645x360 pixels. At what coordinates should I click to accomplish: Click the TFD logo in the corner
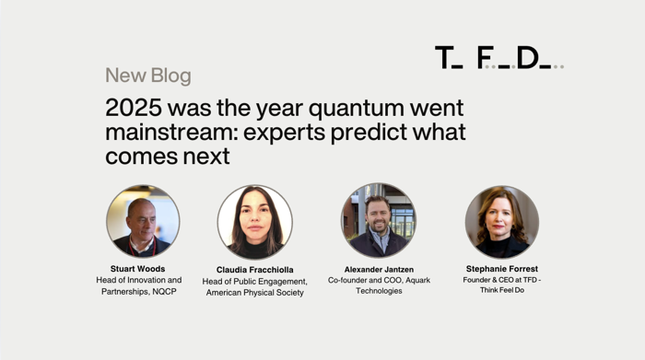(x=498, y=58)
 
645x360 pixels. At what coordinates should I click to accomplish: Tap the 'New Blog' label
(x=148, y=75)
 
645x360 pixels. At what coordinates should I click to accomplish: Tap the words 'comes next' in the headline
(x=167, y=157)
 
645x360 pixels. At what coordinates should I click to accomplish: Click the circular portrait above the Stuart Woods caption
(x=143, y=221)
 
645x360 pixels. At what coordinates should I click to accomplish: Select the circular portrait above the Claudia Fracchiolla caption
(x=254, y=222)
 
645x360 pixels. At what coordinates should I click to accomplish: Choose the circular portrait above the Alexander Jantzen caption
(x=379, y=220)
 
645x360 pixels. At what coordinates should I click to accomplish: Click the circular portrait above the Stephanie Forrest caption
(x=502, y=221)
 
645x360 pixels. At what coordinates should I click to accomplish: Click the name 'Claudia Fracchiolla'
(x=254, y=270)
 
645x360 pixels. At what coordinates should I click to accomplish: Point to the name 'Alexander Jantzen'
(x=379, y=269)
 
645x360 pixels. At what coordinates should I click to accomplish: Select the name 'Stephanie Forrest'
(x=502, y=269)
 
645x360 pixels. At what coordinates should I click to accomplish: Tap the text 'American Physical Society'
(x=254, y=293)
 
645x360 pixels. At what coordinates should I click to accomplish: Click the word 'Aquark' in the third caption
(x=414, y=280)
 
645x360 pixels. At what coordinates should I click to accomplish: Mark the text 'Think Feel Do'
(x=502, y=290)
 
